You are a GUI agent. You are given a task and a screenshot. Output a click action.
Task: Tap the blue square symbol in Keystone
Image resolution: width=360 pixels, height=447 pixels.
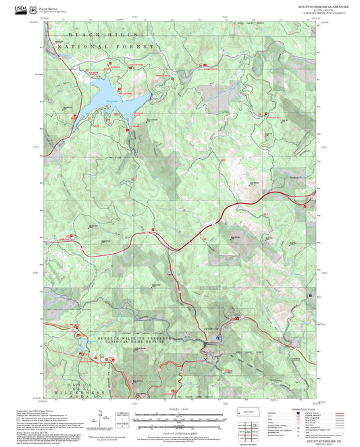(236, 317)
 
